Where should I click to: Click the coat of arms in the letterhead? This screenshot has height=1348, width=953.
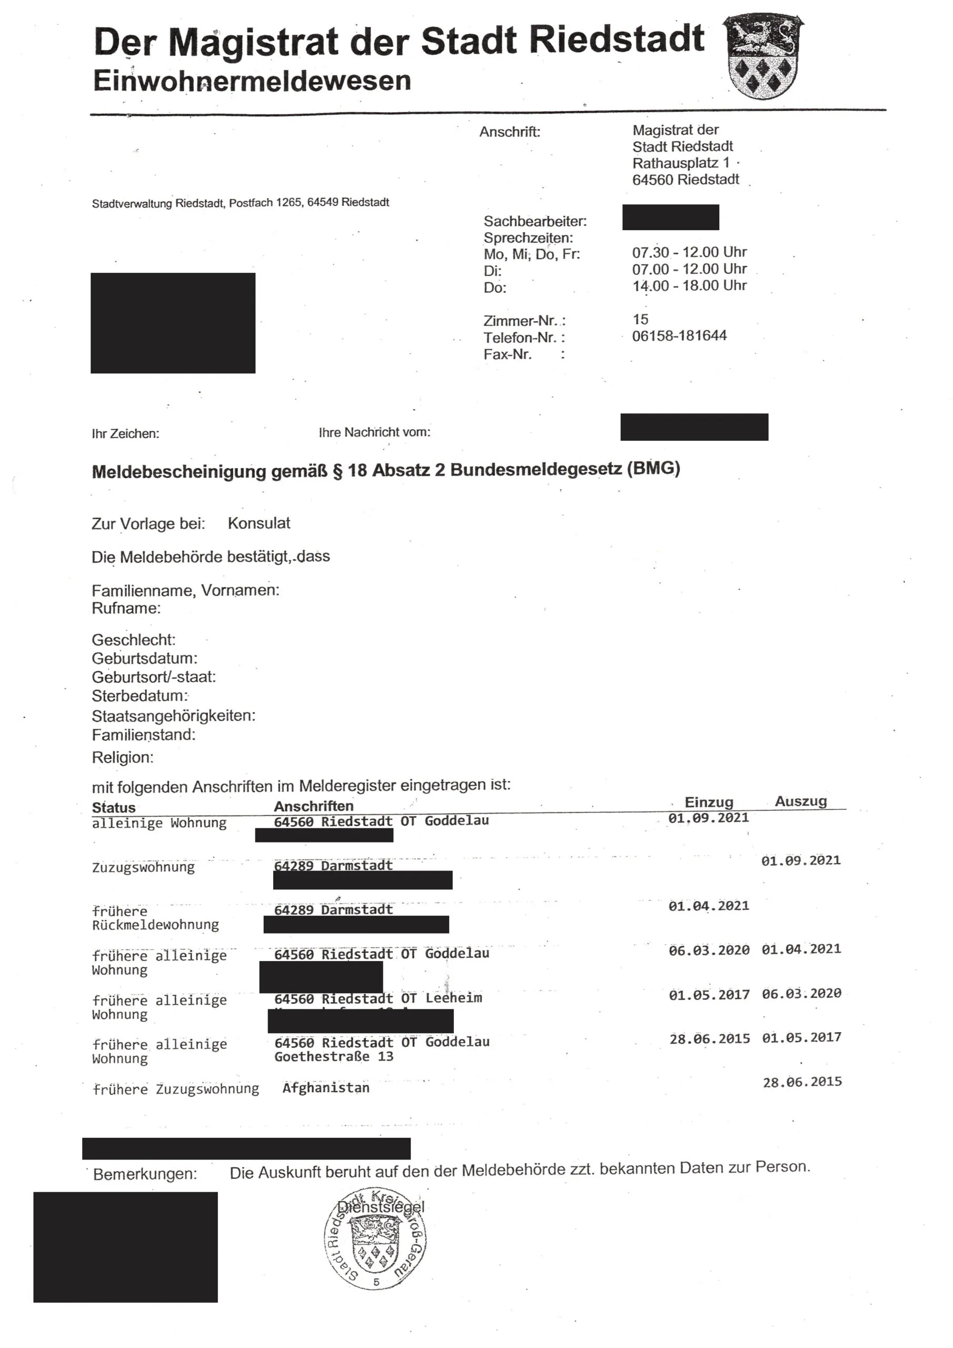[x=762, y=57]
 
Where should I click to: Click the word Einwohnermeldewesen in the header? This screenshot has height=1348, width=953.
[x=251, y=81]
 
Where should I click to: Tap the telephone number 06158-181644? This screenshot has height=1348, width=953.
[x=679, y=336]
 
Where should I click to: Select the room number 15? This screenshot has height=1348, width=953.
[x=640, y=320]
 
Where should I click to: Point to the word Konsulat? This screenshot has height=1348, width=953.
[x=259, y=523]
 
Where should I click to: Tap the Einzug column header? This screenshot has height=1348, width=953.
[x=708, y=802]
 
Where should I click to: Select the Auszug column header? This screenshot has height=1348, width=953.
[x=800, y=801]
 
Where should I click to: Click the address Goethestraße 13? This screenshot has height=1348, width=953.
[x=333, y=1057]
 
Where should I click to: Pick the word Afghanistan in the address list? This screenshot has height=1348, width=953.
[x=326, y=1088]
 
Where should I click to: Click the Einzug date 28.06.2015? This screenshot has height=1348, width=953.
[x=709, y=1039]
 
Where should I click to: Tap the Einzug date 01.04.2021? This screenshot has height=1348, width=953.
[x=709, y=906]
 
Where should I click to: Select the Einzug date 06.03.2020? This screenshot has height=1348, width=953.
[x=709, y=950]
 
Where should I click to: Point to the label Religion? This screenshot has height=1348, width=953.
[x=122, y=757]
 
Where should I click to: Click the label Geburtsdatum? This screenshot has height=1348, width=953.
[x=144, y=658]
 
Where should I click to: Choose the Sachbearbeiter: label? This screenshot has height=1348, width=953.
[x=535, y=221]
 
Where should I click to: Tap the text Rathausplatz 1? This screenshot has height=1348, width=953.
[x=681, y=163]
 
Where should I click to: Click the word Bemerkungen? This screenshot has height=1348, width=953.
[x=145, y=1174]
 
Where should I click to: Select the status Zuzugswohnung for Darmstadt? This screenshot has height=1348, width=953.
[x=143, y=867]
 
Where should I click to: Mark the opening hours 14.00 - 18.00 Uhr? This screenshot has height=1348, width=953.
[x=689, y=286]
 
